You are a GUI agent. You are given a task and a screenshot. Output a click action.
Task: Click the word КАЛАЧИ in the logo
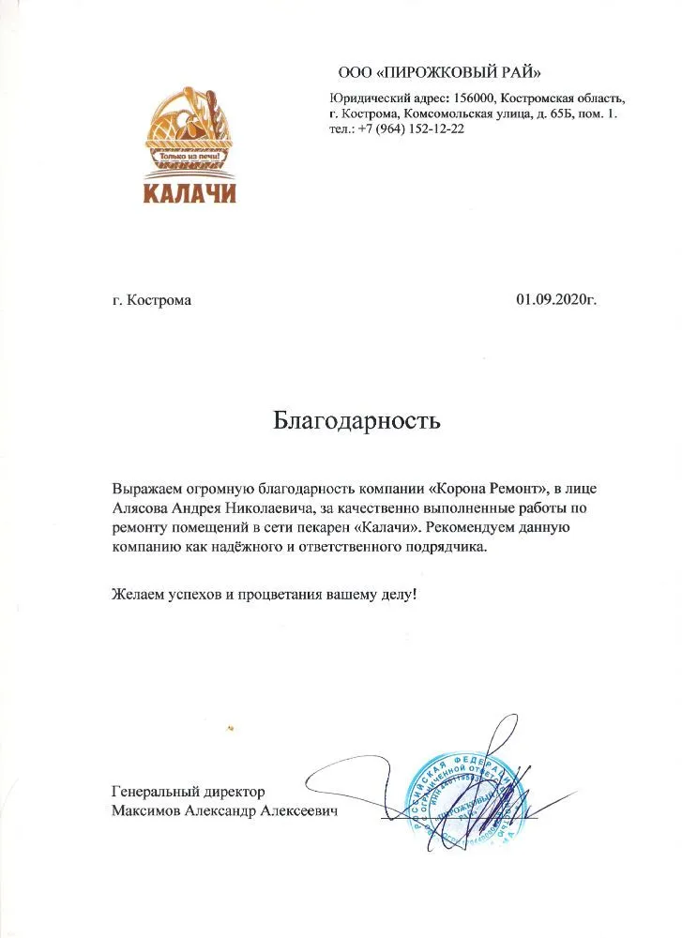point(189,193)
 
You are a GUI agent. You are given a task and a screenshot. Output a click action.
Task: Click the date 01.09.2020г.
point(555,300)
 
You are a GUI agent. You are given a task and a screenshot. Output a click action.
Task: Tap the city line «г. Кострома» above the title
point(151,301)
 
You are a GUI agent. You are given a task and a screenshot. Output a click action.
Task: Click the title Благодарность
point(356,419)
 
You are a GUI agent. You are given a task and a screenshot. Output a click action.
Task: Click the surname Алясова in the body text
point(140,507)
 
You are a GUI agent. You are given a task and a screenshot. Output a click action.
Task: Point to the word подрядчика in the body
point(444,547)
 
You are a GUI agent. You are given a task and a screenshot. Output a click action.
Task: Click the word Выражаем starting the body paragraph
point(144,489)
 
